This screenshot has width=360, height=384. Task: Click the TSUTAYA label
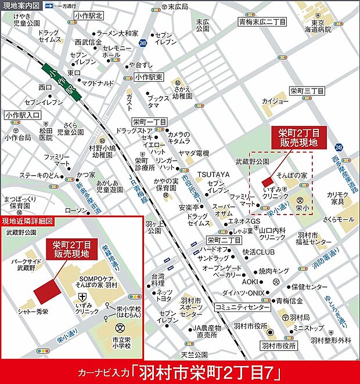pyautogui.click(x=214, y=174)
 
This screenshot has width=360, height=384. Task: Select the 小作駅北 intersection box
pyautogui.click(x=88, y=16)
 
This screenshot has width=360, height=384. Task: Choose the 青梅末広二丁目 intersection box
pyautogui.click(x=262, y=21)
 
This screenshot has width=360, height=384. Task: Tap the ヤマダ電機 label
pyautogui.click(x=193, y=153)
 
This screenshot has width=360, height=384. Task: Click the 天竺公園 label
pyautogui.click(x=194, y=354)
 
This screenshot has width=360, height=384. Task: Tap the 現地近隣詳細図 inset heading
pyautogui.click(x=28, y=221)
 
